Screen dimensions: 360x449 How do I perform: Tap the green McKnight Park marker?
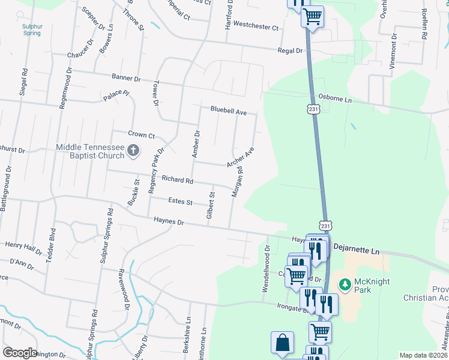[x=345, y=284]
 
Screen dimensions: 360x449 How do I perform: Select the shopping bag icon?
[x=282, y=343]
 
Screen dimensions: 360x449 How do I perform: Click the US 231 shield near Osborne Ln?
[x=316, y=109]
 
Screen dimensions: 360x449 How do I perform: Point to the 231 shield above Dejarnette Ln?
[x=325, y=226]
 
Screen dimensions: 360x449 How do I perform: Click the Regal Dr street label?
[x=290, y=51]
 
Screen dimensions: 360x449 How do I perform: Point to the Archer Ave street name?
[x=240, y=157]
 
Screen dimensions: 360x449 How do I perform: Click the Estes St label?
[x=180, y=202]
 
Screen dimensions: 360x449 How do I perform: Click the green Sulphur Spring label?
[x=32, y=30]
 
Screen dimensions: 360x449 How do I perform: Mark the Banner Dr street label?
[x=125, y=78]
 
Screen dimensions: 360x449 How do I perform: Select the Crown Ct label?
[x=142, y=135]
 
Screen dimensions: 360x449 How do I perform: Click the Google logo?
[x=20, y=353]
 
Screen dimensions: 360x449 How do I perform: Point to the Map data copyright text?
[x=423, y=355]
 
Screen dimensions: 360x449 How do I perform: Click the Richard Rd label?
[x=177, y=179]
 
